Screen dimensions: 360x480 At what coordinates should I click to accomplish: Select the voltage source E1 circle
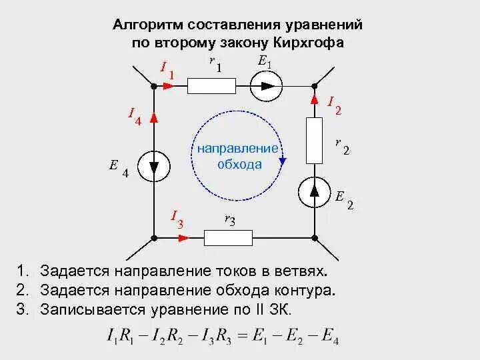point(267,85)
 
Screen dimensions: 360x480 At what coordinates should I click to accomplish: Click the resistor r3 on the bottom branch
point(227,237)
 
